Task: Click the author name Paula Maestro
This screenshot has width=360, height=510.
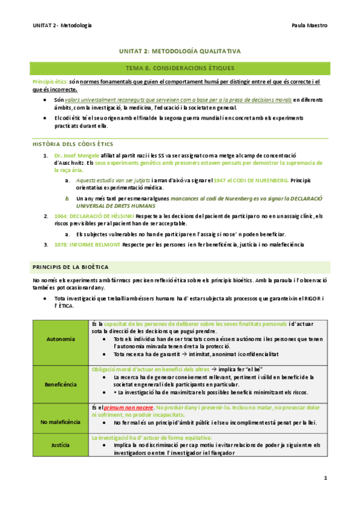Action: tap(308, 26)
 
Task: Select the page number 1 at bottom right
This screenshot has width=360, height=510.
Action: tap(325, 478)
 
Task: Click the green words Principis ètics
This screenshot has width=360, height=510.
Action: tap(50, 81)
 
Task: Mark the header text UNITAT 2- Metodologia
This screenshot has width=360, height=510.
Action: tap(63, 26)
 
